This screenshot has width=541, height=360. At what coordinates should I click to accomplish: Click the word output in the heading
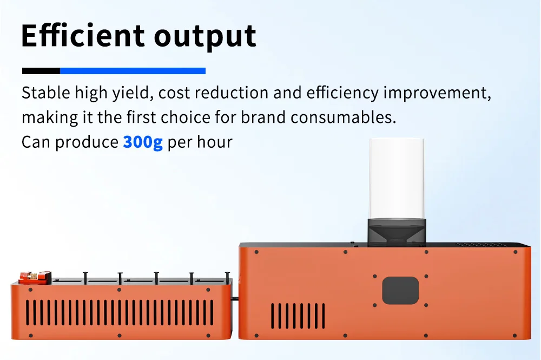pyautogui.click(x=205, y=37)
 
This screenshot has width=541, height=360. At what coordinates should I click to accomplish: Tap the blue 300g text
pyautogui.click(x=142, y=142)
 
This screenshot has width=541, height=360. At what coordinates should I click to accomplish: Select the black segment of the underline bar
pyautogui.click(x=41, y=71)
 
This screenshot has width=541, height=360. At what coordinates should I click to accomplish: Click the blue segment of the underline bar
pyautogui.click(x=133, y=71)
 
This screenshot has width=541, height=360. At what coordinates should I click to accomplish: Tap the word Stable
pyautogui.click(x=46, y=93)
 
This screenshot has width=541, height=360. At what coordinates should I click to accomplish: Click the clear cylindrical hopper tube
pyautogui.click(x=397, y=179)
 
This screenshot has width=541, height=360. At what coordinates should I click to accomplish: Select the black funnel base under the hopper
pyautogui.click(x=397, y=232)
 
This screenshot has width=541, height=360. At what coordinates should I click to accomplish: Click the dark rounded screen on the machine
pyautogui.click(x=400, y=291)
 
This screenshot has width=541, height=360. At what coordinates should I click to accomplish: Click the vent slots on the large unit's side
pyautogui.click(x=298, y=316)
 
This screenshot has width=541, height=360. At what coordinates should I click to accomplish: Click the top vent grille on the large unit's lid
pyautogui.click(x=481, y=245)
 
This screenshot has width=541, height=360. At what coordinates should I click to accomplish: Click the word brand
pyautogui.click(x=263, y=117)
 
